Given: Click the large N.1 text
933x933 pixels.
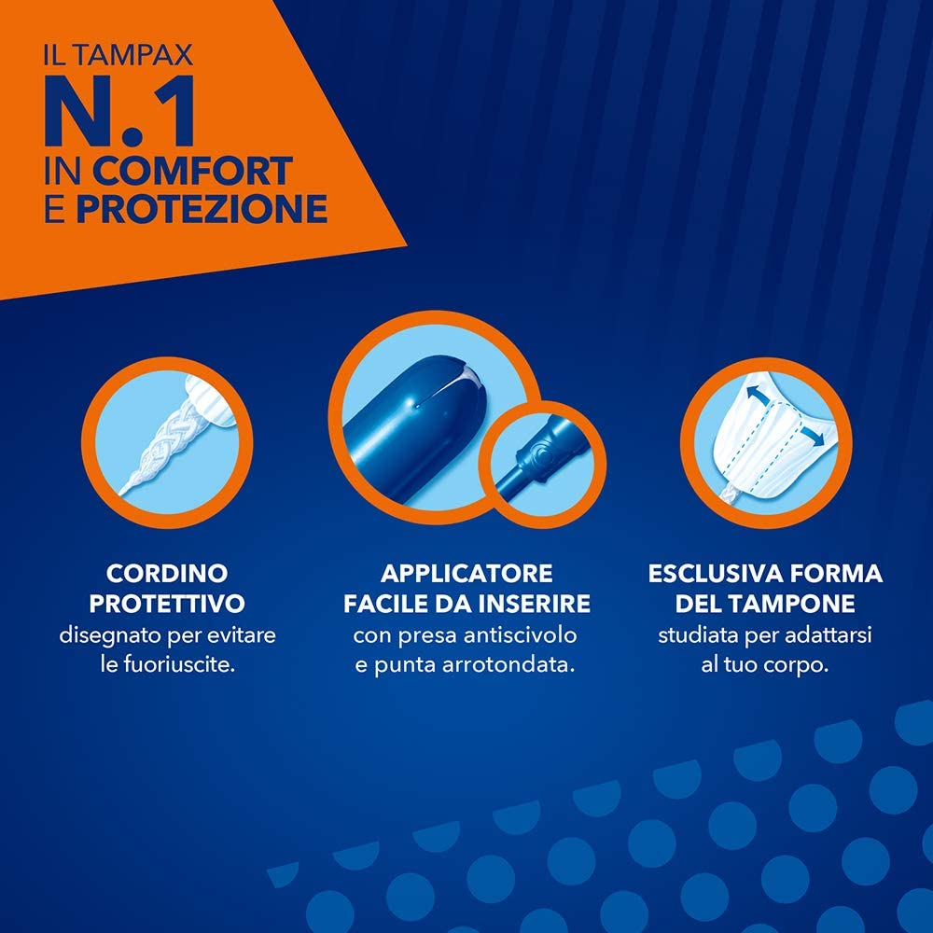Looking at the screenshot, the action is [x=119, y=111].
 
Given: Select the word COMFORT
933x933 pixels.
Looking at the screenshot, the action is [x=192, y=171].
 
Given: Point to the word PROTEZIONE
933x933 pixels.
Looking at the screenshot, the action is [x=202, y=208].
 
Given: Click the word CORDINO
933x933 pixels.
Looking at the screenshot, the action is [x=167, y=574].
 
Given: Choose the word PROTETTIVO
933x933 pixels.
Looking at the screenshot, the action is [x=167, y=604].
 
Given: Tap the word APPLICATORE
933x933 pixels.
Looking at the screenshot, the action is [x=466, y=574].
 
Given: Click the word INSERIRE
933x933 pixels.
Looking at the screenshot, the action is [x=535, y=604].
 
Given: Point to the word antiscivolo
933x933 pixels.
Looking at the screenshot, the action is [x=520, y=634].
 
